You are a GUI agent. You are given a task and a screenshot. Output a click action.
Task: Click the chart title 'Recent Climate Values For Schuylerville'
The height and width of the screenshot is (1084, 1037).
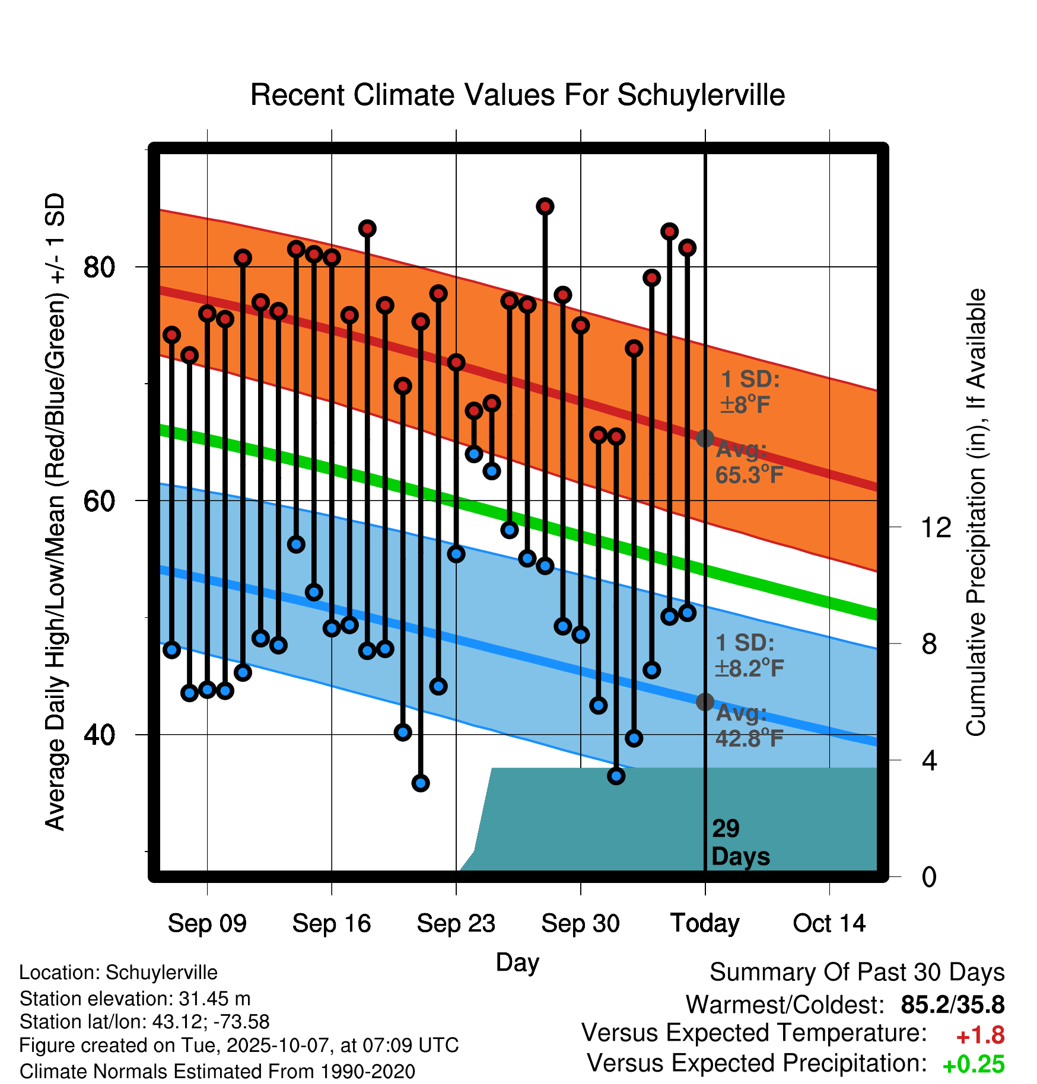coord(517,95)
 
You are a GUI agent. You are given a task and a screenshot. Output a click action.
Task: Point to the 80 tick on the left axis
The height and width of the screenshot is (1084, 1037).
coord(99,267)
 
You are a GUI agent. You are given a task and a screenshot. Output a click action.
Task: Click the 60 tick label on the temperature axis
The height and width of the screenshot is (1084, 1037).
coord(99,501)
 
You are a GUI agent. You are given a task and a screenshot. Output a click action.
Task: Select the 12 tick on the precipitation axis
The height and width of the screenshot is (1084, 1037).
coord(936,527)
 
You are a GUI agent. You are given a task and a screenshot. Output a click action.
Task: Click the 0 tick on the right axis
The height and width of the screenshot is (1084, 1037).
coord(929,876)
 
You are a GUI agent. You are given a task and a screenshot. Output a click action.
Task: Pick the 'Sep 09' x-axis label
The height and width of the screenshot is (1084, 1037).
coord(207,923)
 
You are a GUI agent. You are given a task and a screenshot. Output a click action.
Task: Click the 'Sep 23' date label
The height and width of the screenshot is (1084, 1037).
coord(456,923)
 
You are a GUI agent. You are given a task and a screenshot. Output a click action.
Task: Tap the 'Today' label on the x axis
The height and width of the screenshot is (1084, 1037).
coord(705,923)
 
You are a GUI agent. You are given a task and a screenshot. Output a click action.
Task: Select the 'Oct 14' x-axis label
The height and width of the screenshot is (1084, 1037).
coord(829,923)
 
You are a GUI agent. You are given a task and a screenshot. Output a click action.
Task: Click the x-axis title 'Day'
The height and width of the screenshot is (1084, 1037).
coord(517,962)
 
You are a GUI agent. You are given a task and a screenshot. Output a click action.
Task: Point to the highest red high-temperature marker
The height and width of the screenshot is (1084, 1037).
coord(545,206)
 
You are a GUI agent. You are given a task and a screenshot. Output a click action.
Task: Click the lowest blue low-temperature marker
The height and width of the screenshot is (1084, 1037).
coord(421,783)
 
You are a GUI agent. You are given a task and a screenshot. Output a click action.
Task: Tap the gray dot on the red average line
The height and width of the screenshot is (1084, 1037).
coord(705,438)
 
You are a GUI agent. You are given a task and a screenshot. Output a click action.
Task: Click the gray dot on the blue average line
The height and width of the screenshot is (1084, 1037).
coord(705,702)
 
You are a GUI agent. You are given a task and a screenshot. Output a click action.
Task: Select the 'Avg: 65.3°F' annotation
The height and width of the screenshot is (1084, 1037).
coord(749,463)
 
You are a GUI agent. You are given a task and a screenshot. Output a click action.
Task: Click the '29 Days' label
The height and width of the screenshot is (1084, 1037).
coord(740,843)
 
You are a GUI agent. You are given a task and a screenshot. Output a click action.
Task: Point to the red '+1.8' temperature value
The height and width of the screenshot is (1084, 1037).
coord(980,1035)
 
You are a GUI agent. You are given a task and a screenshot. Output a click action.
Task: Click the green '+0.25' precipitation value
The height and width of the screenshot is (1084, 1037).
coord(973,1064)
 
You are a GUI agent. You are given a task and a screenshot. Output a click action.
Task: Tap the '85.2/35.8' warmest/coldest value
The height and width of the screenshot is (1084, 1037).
coord(952,1005)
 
